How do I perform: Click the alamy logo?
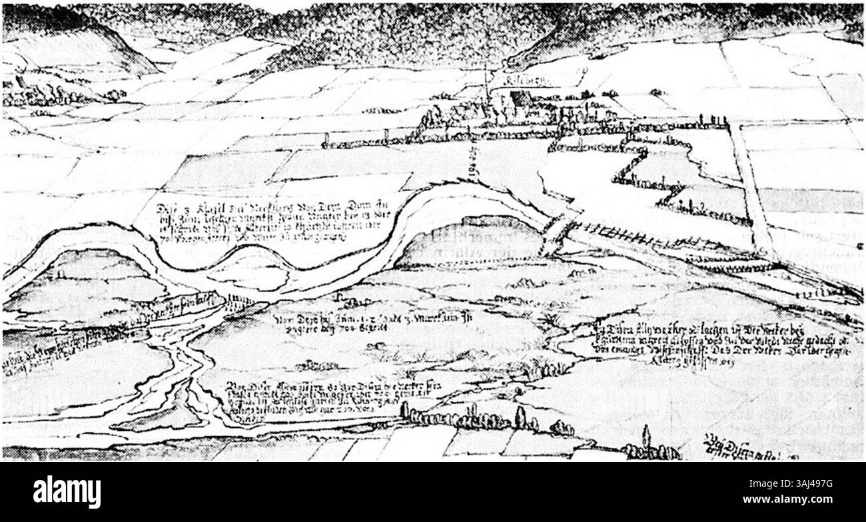(x=67, y=492)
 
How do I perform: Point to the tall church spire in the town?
(x=486, y=83)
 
